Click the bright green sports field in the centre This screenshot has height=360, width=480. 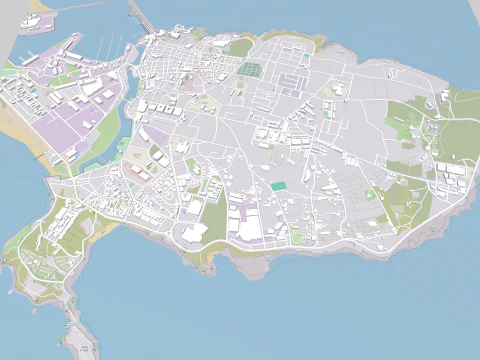tap(278, 186)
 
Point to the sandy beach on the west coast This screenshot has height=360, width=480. tap(22, 130)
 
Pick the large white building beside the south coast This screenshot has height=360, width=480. tap(194, 232)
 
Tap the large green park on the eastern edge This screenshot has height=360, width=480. tap(455, 135)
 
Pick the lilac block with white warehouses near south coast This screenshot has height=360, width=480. tap(245, 220)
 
